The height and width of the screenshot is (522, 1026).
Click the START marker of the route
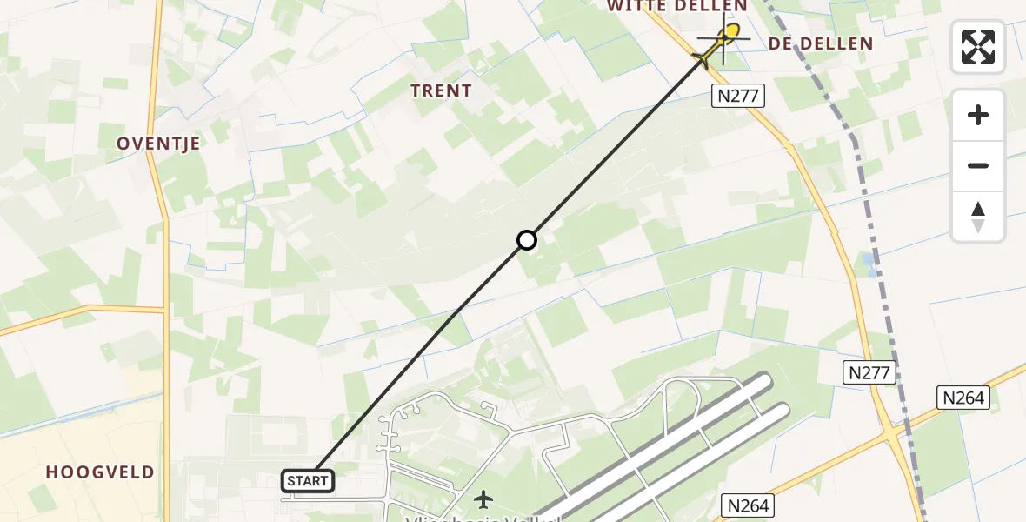coord(308,481)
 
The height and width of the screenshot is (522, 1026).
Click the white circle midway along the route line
coord(526,240)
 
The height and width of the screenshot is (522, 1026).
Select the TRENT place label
coord(441,90)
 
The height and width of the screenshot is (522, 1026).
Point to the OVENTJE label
coord(158,144)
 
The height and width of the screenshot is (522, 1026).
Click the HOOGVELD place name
coord(100,472)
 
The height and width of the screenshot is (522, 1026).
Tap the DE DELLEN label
coord(821,43)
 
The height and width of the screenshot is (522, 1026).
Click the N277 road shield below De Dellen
coord(738,97)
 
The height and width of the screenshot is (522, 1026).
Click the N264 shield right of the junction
coord(963,398)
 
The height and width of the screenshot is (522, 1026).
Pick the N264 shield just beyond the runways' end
coord(748,505)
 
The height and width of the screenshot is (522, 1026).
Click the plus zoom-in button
coord(978,116)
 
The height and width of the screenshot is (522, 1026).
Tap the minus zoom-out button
coord(978,165)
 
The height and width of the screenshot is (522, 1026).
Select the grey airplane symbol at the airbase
coord(483,499)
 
